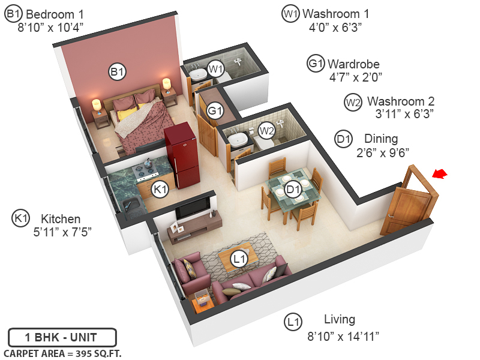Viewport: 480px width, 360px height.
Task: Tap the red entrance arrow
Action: coord(440,174)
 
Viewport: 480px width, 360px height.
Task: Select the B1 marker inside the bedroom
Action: coord(117,72)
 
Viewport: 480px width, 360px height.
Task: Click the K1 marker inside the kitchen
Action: coord(159,190)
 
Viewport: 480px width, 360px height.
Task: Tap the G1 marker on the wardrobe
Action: coord(215,111)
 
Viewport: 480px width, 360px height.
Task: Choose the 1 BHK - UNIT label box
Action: coord(62,337)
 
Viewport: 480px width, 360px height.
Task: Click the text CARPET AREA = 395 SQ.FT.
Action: coord(62,353)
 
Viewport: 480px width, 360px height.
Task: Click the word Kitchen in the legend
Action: coord(60,218)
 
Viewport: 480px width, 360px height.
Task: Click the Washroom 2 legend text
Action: coord(400,101)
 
